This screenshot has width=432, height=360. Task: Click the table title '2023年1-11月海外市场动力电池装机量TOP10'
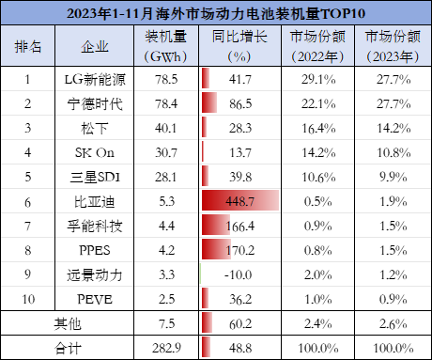click(216, 13)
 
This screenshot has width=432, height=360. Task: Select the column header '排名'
click(28, 47)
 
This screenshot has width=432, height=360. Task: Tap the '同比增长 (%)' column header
click(239, 46)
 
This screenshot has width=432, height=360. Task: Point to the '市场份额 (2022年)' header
click(317, 46)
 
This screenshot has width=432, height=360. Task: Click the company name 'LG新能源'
click(95, 80)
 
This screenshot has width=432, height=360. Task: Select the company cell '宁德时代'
click(95, 104)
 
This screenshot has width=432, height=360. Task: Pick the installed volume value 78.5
click(166, 80)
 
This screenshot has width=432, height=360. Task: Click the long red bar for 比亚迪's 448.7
click(240, 200)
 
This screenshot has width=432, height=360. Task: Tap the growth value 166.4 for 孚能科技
click(240, 226)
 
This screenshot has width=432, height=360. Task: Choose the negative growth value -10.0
click(238, 274)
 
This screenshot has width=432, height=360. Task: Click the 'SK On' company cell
click(95, 152)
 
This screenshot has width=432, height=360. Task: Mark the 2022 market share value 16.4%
click(318, 129)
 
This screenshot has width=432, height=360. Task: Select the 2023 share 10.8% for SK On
click(393, 153)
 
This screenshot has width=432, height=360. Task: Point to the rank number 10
click(28, 299)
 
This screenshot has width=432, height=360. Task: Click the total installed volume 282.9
click(166, 348)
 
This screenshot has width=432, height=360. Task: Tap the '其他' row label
click(68, 323)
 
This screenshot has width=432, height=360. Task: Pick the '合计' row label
click(68, 348)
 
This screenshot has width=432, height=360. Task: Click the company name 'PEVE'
click(95, 299)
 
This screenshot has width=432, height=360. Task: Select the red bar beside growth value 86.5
click(209, 102)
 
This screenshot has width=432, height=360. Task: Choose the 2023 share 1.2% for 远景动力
click(393, 275)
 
